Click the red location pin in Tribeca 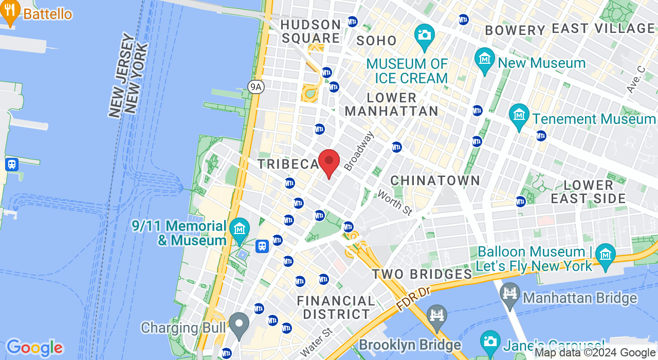click(x=329, y=162)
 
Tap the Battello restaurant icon click(x=10, y=13)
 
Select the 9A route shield click(x=255, y=86)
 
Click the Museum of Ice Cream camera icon click(x=425, y=35)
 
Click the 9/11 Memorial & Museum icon click(x=239, y=228)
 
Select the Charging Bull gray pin click(x=239, y=324)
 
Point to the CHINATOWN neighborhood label click(x=435, y=181)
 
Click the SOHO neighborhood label click(x=377, y=41)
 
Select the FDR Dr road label click(x=413, y=298)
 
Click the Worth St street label click(x=395, y=202)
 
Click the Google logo click(x=34, y=348)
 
